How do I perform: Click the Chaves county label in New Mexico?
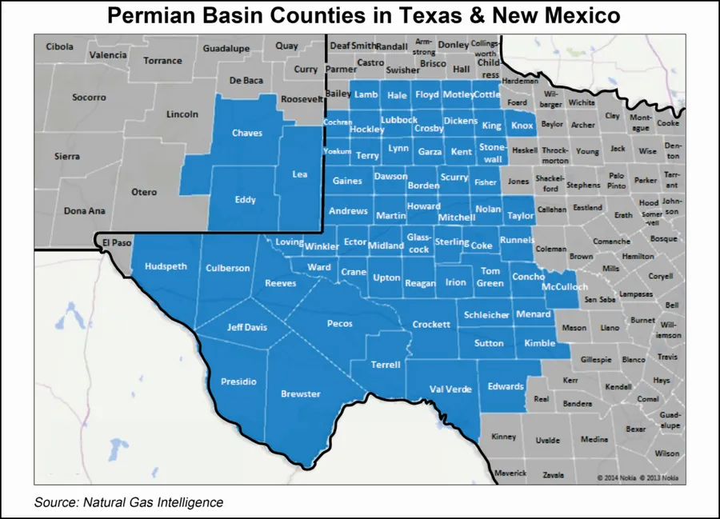(247, 133)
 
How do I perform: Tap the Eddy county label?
(245, 200)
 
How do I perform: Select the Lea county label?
(300, 174)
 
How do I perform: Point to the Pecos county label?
(339, 324)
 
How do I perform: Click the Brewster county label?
(301, 393)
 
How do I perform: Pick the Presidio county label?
(238, 381)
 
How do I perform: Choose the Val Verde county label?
(451, 389)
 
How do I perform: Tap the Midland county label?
(386, 246)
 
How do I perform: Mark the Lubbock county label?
(399, 120)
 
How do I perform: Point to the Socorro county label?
(89, 98)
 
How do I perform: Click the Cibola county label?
(59, 46)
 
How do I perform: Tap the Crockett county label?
(431, 325)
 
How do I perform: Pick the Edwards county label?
(506, 386)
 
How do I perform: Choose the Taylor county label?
(520, 216)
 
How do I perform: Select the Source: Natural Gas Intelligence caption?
(129, 502)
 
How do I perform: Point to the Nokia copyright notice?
(638, 478)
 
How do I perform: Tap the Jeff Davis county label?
(247, 326)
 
